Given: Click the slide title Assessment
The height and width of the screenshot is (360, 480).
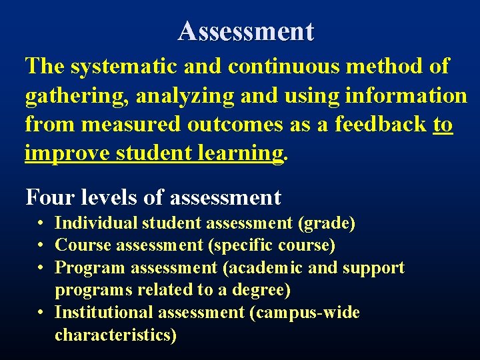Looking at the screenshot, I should pos(246,31).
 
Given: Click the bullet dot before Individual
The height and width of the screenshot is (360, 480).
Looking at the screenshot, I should pos(41,223).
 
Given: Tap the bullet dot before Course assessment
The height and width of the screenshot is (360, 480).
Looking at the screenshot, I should pos(41,245).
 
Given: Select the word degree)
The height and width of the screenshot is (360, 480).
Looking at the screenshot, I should pos(265,291).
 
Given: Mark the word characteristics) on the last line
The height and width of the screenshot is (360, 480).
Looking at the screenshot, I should pos(115,335).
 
